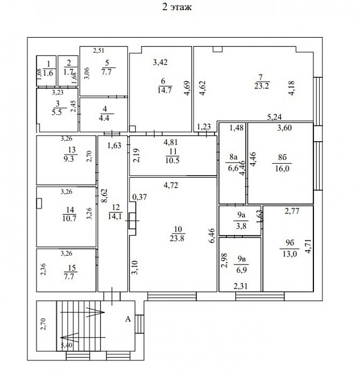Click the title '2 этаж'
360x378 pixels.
(x=177, y=7)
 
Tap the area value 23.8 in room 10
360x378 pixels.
(x=177, y=238)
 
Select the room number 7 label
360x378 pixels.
(x=261, y=77)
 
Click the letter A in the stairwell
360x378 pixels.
(x=128, y=319)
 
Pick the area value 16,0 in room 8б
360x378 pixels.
(x=282, y=168)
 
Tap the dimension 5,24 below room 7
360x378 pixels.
(x=274, y=117)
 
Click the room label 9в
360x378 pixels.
(x=242, y=259)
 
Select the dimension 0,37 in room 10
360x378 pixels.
(x=140, y=197)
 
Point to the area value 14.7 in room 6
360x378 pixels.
(x=164, y=90)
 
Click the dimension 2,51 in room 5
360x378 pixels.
(x=98, y=50)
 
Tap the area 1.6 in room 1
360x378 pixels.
(x=48, y=72)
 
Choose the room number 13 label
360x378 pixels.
(x=72, y=150)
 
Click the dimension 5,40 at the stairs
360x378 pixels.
(x=67, y=345)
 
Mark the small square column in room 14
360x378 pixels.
(x=39, y=203)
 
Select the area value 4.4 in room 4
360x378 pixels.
(x=104, y=118)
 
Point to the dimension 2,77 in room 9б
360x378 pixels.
(x=292, y=211)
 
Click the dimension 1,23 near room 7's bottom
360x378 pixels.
(x=204, y=127)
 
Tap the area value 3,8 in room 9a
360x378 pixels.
(x=241, y=226)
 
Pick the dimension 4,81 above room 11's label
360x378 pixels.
(x=171, y=142)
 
